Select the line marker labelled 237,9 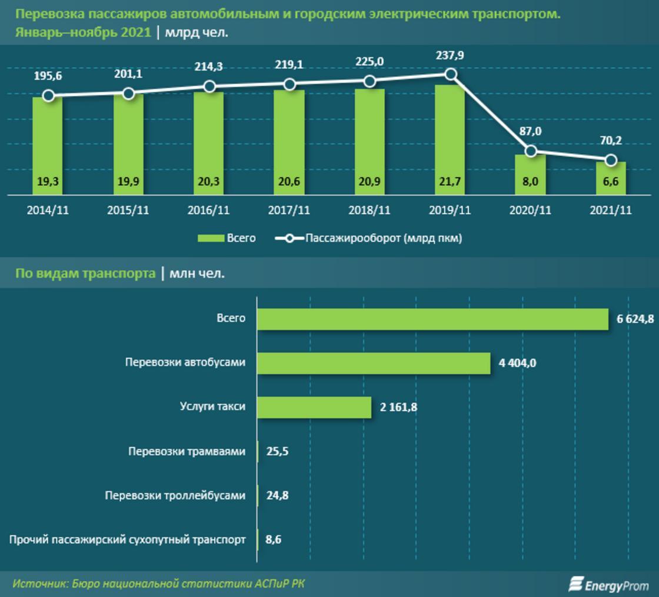(x=451, y=74)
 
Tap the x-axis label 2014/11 (x=48, y=211)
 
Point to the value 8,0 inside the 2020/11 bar (x=530, y=182)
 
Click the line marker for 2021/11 (x=611, y=160)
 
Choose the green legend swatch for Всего (x=209, y=238)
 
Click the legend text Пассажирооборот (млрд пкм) (x=384, y=238)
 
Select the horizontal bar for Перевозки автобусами (x=374, y=363)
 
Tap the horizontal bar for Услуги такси (x=314, y=407)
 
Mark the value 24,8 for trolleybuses (x=277, y=496)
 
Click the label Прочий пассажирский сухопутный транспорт (x=128, y=539)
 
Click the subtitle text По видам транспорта (x=84, y=274)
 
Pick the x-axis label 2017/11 (x=289, y=211)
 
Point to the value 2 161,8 (x=398, y=407)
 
